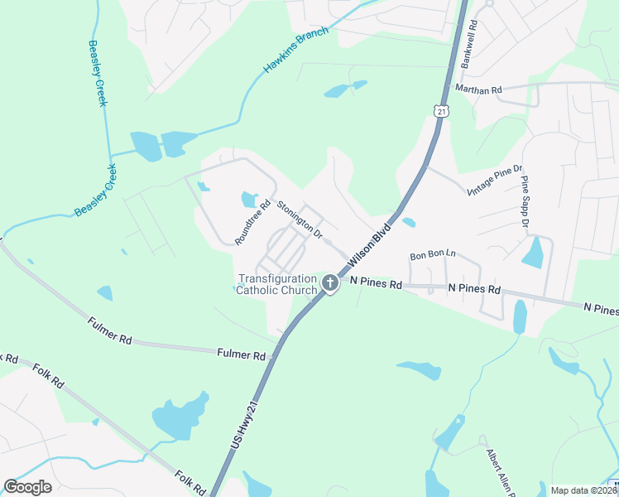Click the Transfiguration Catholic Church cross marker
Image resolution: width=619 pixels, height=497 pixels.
coord(329,284)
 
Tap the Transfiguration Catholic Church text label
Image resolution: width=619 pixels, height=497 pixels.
coord(277,284)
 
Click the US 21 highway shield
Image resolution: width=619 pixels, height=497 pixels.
coord(439,110)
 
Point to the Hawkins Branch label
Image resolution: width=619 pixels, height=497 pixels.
coord(296,51)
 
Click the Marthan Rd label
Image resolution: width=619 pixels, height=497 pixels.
coord(478,89)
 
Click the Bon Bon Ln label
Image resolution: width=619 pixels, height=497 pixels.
coord(433,253)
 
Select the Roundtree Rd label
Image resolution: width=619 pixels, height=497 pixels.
coord(252,223)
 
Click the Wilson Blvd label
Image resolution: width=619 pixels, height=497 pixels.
coord(369,247)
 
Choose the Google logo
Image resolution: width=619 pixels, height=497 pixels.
coord(28,486)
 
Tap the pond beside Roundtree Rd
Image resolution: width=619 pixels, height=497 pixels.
coord(249,199)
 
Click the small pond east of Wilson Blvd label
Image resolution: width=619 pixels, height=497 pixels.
coord(409,222)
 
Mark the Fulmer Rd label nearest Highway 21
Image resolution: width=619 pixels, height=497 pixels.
coord(241,355)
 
